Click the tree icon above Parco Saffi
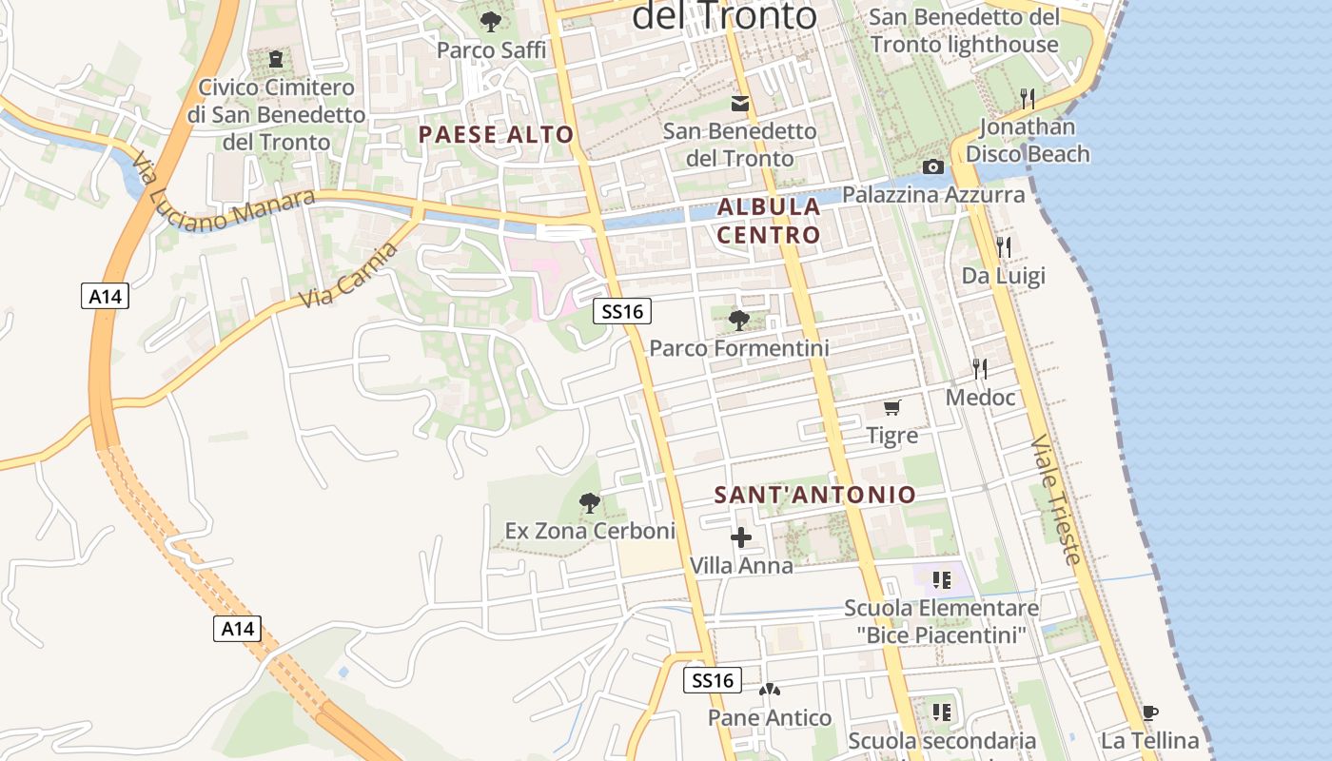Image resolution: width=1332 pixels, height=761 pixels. coord(491,21)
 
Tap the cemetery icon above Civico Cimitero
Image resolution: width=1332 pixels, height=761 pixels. coord(276,59)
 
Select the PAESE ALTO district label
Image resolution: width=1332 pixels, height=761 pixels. coord(496,134)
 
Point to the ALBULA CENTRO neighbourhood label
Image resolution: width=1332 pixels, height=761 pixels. coord(769,221)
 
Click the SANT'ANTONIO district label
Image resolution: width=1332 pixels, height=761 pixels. coord(814,495)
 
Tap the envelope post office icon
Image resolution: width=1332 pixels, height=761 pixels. coord(739,103)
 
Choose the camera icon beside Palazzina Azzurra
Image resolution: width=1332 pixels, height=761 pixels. coord(933,167)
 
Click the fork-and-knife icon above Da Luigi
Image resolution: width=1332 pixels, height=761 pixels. coord(1003,247)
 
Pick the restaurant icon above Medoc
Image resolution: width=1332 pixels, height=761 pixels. coord(980,369)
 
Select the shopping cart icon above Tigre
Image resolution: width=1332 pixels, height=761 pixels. coord(891,407)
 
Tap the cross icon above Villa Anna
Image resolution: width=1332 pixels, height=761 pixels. coord(740,537)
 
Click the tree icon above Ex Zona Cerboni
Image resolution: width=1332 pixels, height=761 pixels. coord(590,502)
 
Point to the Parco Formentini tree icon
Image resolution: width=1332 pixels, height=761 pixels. coord(738,320)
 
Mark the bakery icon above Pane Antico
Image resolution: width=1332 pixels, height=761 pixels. coord(769,690)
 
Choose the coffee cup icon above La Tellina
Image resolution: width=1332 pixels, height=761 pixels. coord(1149,712)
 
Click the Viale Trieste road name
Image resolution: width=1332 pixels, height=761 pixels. coord(1056,500)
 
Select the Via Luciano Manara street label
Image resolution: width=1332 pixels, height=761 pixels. coord(225,194)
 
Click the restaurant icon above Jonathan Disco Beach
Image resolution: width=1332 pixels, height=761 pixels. coord(1027,98)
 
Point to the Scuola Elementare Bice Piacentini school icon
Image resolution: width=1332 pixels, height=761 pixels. coord(942,579)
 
